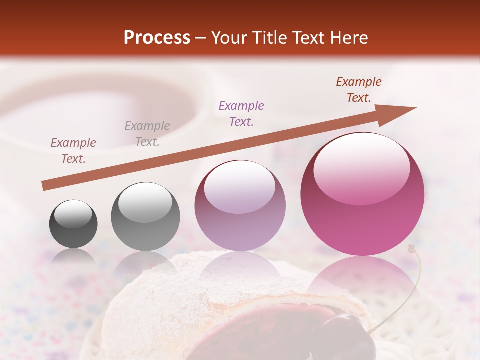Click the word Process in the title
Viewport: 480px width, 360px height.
pos(157,38)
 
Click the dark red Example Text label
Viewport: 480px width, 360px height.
pos(358,90)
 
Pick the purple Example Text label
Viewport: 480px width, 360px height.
pos(241,113)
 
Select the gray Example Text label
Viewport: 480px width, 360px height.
pos(147,134)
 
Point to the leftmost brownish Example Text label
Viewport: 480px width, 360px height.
pos(73,151)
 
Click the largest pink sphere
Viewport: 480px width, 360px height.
pos(362,220)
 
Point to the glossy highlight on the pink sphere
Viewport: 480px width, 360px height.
pos(362,167)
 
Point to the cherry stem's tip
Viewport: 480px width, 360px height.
pos(412,247)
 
